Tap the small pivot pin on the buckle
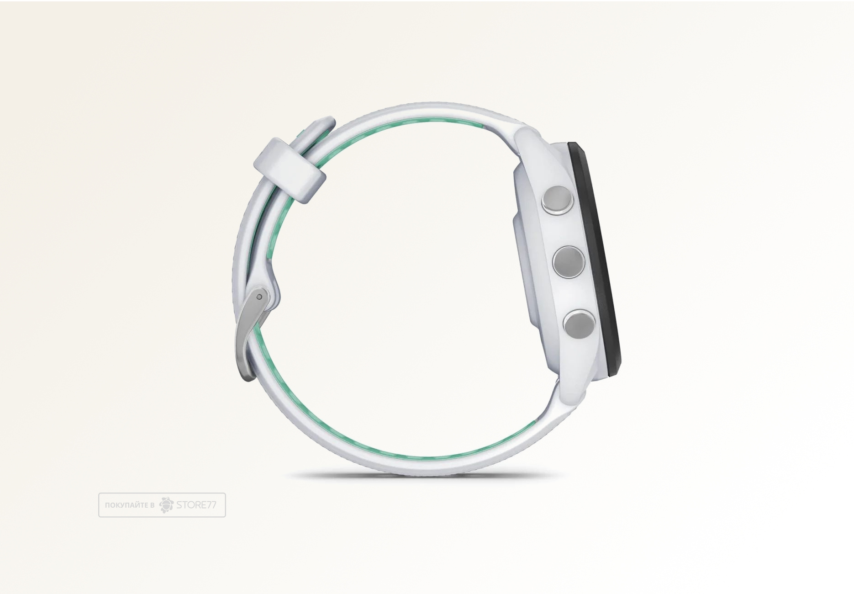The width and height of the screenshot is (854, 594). click(259, 297)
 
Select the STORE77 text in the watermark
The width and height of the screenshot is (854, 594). click(196, 505)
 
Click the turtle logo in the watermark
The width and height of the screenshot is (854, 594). click(166, 504)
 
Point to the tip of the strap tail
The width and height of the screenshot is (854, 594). click(327, 122)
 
